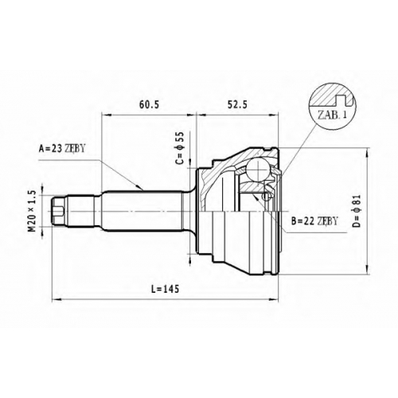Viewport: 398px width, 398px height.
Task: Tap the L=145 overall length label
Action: coord(166,289)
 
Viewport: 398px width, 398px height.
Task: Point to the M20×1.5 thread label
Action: coord(33,212)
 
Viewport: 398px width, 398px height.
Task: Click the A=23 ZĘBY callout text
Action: coord(62,149)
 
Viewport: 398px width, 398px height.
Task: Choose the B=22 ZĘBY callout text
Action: coord(314,220)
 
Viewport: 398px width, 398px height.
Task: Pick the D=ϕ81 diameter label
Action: coord(357,212)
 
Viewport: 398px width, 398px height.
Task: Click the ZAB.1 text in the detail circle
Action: coord(332,115)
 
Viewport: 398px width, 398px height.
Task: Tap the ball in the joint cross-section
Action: coord(257,170)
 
